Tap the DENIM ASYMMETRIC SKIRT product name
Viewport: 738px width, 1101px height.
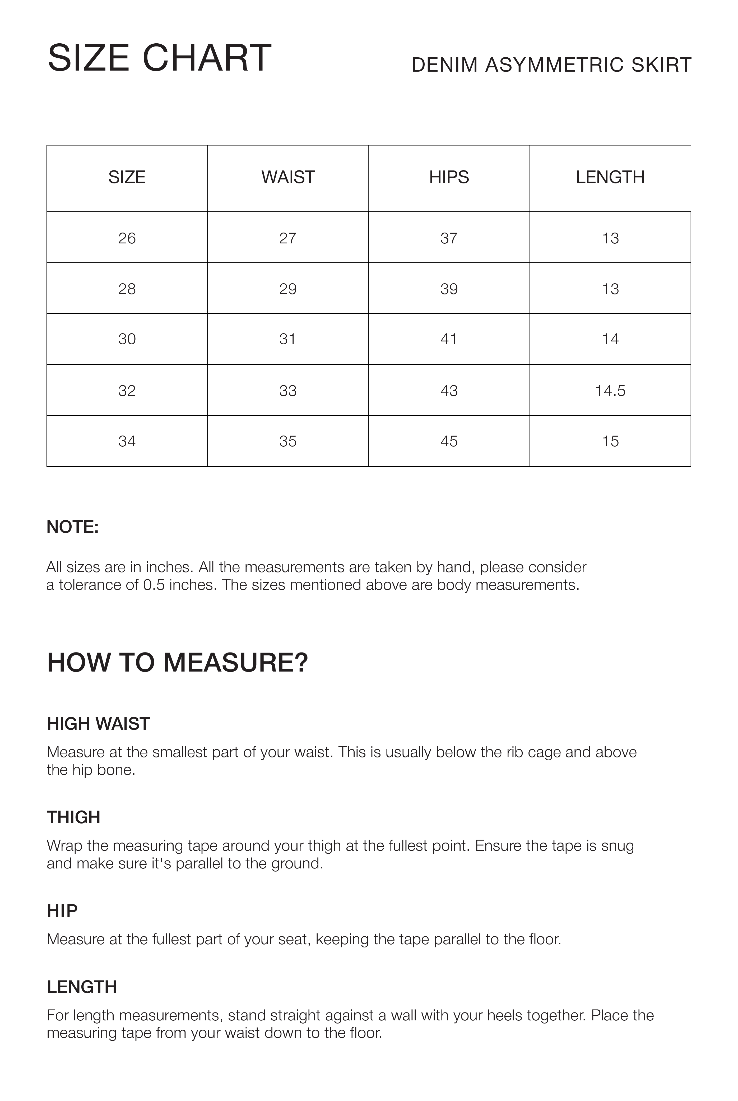[551, 65]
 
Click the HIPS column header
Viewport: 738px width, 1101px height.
[449, 177]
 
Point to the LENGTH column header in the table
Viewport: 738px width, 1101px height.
[610, 177]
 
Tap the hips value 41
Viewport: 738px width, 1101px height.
[449, 339]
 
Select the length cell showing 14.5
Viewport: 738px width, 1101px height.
[610, 391]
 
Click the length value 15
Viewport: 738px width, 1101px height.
[610, 442]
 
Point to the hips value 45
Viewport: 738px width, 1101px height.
[449, 442]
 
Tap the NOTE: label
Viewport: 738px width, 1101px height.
[72, 527]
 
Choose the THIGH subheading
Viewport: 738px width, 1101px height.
[73, 818]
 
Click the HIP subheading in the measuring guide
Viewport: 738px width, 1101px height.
[62, 911]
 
